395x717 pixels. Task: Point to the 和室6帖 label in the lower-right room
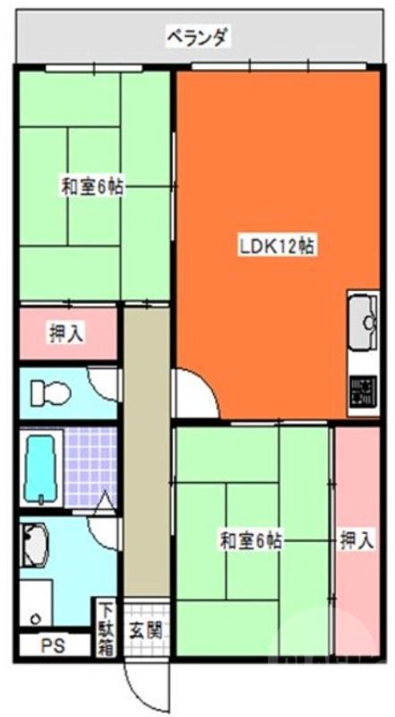(252, 540)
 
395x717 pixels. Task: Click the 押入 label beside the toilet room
(65, 333)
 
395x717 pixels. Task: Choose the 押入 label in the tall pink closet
(356, 540)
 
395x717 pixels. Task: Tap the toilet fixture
(49, 393)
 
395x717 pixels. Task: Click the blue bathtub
(41, 468)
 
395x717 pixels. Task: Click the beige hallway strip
(147, 448)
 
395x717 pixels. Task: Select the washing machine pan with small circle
(36, 605)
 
